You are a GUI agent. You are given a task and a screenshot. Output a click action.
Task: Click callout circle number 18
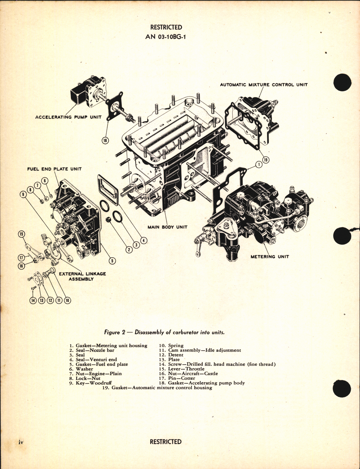pos(105,140)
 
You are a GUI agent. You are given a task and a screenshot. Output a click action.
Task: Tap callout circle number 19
pos(266,160)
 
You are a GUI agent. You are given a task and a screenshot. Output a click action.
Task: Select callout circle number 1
pos(259,165)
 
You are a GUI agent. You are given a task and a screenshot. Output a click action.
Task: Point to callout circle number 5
pos(112,261)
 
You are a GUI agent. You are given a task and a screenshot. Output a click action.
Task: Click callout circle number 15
pos(21,234)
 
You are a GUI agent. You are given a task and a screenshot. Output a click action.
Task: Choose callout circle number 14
pos(33,300)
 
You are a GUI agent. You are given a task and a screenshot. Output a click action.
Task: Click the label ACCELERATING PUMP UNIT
pos(68,117)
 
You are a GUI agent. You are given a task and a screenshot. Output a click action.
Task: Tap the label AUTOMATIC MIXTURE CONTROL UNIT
pos(264,85)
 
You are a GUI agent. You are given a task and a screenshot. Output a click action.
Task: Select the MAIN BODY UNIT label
pos(167,227)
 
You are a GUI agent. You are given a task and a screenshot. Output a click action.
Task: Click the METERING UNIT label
pos(270,256)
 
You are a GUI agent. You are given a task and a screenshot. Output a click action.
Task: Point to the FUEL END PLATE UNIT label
pos(54,169)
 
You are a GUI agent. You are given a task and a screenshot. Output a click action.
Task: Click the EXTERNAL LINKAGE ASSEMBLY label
pos(82,276)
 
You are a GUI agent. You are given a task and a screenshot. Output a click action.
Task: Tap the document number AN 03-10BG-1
pos(166,37)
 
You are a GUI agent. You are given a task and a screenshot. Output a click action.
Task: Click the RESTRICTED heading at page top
pos(166,27)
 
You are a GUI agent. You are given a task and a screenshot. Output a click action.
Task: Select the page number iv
pos(20,442)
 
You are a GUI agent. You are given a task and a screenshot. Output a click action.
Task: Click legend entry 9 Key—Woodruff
pos(90,383)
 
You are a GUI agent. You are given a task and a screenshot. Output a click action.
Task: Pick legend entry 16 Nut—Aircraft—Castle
pos(188,374)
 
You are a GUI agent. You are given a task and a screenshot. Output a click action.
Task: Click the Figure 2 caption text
pos(164,332)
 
